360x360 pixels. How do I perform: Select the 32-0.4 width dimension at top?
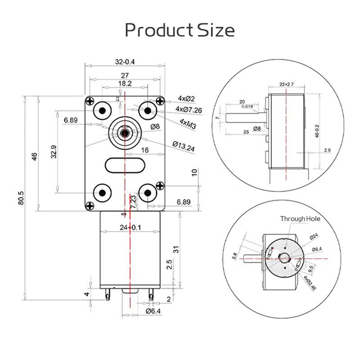click(x=125, y=62)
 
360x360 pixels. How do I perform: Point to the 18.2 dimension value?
click(x=125, y=84)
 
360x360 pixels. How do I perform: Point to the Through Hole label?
click(x=300, y=219)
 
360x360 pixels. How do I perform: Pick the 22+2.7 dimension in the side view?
click(x=286, y=84)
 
